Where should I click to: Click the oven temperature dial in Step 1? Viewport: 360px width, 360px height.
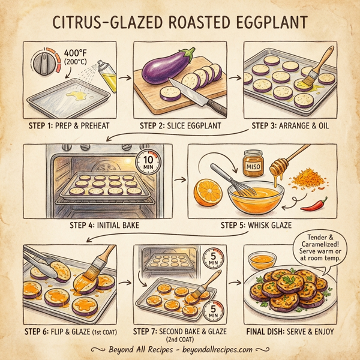(x=46, y=63)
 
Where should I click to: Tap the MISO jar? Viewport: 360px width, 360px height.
(x=253, y=163)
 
